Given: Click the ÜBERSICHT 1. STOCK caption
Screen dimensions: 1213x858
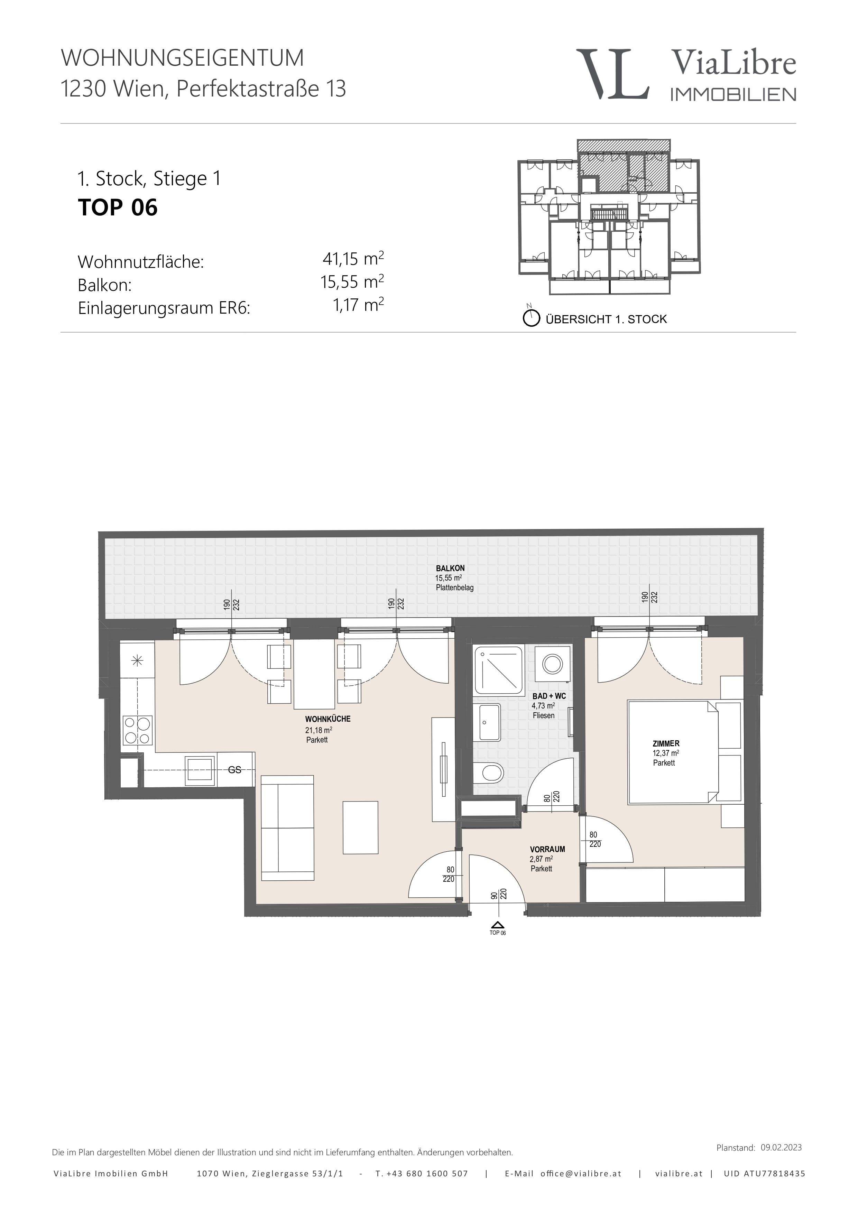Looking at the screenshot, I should point(606,319).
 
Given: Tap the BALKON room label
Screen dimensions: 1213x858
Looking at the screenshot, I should point(450,568).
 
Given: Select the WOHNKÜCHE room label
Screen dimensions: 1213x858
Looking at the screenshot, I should point(320,719).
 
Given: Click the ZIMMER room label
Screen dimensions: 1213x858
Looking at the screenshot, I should point(666,743).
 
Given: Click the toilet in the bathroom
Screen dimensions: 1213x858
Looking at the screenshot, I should point(488,775).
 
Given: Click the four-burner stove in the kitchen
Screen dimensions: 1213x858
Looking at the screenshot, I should point(137,730).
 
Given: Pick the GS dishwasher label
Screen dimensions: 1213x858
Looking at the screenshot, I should point(234,770).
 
